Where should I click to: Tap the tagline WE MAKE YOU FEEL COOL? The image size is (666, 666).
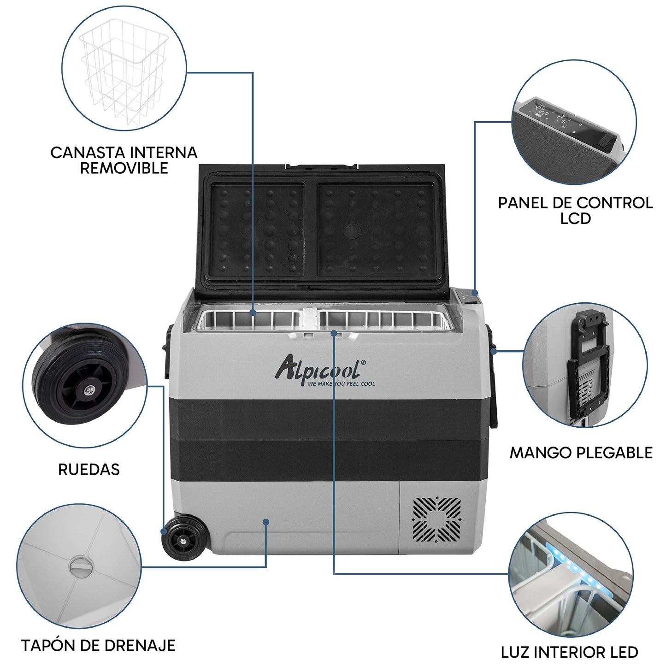coord(342,384)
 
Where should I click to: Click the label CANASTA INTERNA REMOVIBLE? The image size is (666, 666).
coord(124,160)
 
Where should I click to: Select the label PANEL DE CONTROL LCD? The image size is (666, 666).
coord(575,210)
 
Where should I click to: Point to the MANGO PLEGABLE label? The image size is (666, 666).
coord(581,453)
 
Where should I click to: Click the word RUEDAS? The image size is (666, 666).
coord(89,469)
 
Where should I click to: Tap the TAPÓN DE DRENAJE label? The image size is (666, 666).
coord(98,645)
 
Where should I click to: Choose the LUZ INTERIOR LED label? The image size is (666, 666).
coord(569,652)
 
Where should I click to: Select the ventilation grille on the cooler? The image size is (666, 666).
coord(436,519)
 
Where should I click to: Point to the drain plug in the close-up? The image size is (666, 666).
coord(81,566)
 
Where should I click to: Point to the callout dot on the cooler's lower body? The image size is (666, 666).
coord(265,522)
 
